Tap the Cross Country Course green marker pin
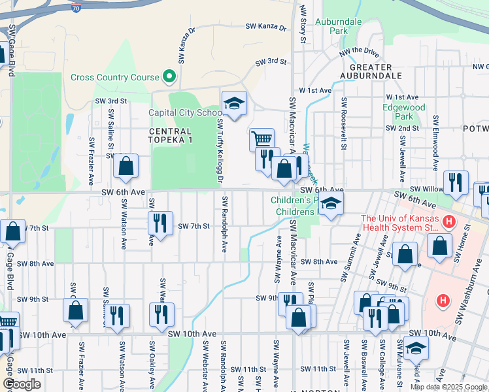[x=169, y=77]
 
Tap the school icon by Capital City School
[x=234, y=103]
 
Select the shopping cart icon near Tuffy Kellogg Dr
[x=261, y=139]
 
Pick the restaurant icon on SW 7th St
[x=160, y=223]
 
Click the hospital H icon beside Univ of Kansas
[x=448, y=222]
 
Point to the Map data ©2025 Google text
[x=448, y=387]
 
